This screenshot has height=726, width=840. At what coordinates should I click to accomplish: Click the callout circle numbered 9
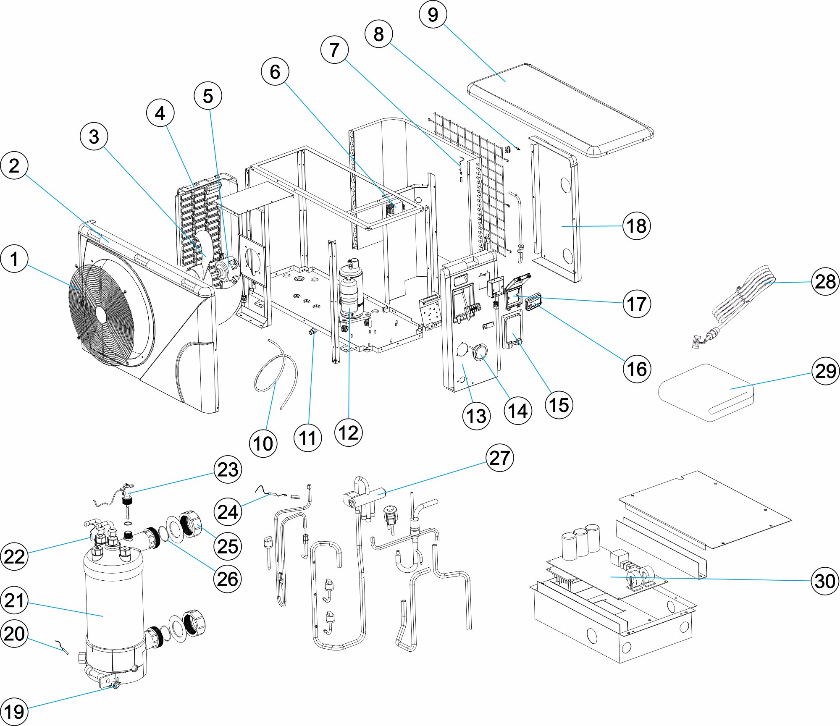pos(433,15)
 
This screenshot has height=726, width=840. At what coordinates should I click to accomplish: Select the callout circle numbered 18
pos(636,226)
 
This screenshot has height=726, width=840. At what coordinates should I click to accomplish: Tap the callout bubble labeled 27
pos(499,458)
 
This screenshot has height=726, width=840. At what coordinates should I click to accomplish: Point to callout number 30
pos(825,581)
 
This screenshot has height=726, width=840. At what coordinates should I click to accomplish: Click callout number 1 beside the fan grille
pos(14,259)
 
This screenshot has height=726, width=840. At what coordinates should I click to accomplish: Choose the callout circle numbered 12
pos(348,432)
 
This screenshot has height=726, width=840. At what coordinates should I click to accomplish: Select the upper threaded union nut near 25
pos(191,524)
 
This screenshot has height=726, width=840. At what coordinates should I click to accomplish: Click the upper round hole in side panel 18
pos(565,185)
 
